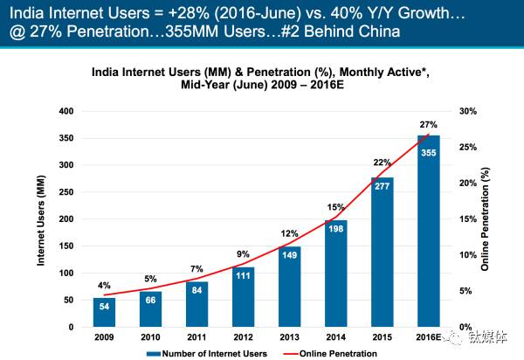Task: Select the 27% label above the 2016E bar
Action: [429, 125]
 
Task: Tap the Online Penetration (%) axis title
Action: [497, 218]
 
